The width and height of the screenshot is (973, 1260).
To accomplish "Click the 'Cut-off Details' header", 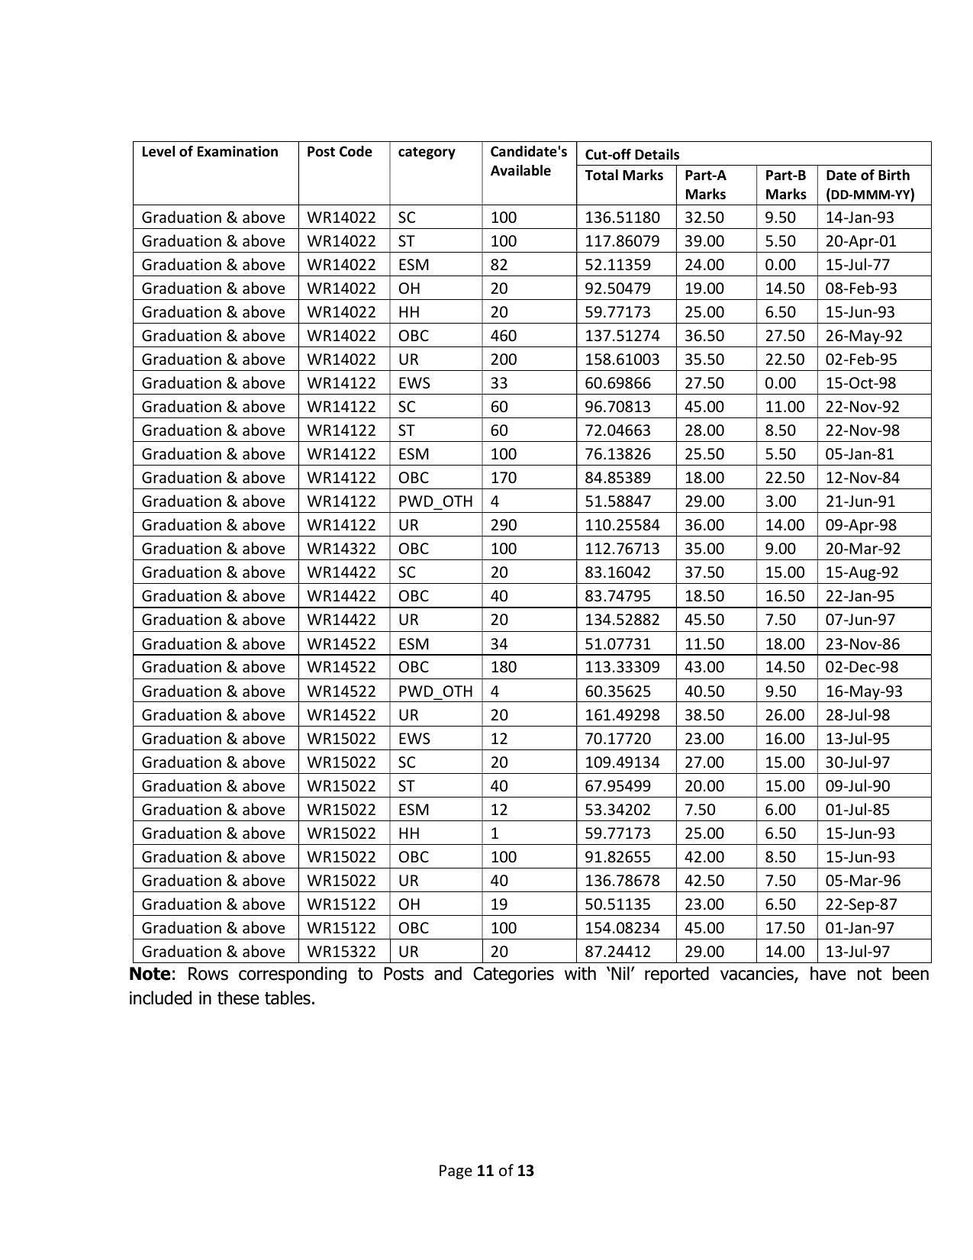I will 631,154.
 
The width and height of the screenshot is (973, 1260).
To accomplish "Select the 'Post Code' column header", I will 339,152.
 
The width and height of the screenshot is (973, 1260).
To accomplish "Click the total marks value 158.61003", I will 622,359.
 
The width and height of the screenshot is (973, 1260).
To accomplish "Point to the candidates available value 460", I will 504,336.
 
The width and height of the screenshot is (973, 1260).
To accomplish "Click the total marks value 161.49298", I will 622,715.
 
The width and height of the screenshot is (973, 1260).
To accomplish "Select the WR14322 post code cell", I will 341,549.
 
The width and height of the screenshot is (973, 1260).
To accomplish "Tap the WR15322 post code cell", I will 341,952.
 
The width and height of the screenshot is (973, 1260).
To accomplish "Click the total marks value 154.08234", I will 622,928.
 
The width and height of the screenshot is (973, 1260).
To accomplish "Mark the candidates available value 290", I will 504,525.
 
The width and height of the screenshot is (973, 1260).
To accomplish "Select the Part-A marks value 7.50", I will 700,810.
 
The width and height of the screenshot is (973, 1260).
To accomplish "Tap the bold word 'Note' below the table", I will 149,975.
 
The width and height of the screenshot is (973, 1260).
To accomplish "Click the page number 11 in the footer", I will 485,1171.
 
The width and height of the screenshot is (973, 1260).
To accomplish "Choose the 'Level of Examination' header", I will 210,152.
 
